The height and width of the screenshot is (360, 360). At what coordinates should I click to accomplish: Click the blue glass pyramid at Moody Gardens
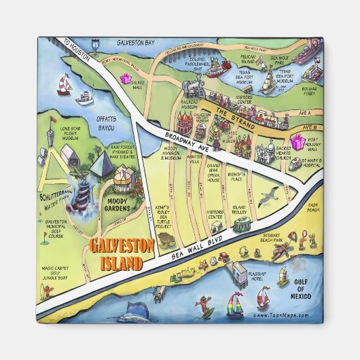click(x=98, y=165)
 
